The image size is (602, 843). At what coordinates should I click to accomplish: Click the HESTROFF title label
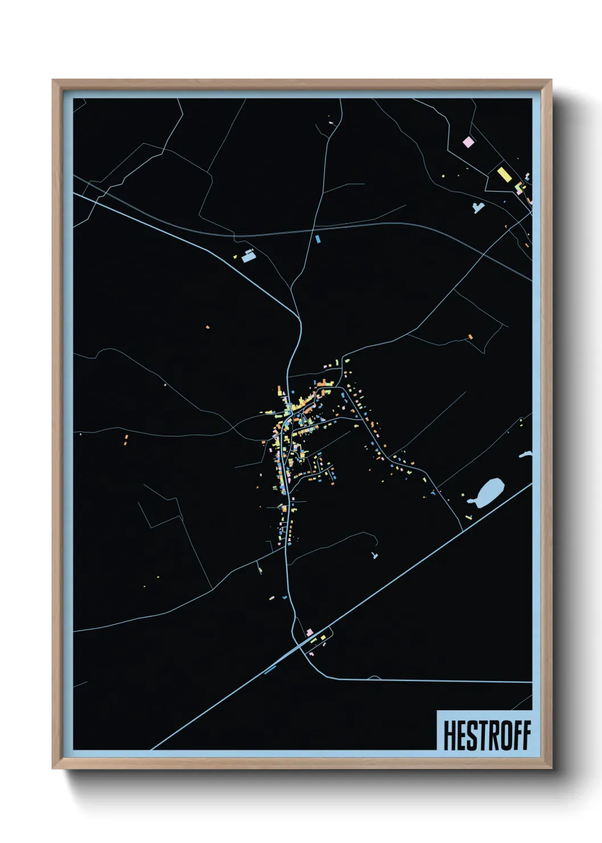click(x=486, y=735)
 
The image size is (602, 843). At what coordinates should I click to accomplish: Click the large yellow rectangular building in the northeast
click(x=504, y=173)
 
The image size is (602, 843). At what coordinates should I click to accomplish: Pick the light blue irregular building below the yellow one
click(x=478, y=207)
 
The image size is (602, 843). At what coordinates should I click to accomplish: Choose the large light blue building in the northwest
click(x=249, y=256)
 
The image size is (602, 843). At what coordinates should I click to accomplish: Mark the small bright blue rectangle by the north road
click(x=318, y=239)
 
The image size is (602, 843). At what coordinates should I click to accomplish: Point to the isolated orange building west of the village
click(x=208, y=327)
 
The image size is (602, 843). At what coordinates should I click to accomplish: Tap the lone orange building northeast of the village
click(x=470, y=337)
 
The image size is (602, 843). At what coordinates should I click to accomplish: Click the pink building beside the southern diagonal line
click(x=310, y=632)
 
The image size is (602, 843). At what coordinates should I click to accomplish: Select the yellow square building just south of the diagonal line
click(x=323, y=637)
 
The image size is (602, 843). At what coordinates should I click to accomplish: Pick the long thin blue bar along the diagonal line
click(x=270, y=669)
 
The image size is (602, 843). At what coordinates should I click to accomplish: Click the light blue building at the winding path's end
click(x=374, y=555)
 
